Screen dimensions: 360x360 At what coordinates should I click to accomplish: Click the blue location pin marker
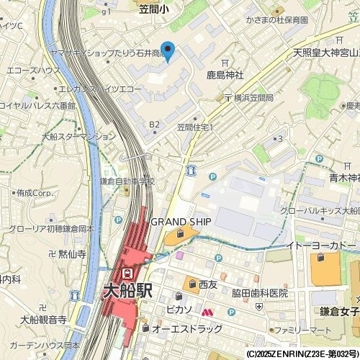[x=168, y=50]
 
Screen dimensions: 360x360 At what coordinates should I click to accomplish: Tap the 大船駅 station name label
[x=127, y=292]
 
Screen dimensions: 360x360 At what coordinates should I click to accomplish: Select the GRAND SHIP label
[x=180, y=221]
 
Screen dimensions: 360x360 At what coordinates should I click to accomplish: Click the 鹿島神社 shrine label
[x=225, y=74]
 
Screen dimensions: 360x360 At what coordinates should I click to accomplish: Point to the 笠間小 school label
[x=154, y=8]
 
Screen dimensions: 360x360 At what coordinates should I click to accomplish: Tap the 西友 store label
[x=208, y=284]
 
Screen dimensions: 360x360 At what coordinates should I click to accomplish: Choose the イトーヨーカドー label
[x=321, y=246]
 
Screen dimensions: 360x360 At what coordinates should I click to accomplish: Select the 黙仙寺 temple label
[x=72, y=254]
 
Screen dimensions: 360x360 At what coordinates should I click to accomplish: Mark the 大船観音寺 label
[x=43, y=319]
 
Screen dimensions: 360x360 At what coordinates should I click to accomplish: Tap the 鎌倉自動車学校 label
[x=127, y=181]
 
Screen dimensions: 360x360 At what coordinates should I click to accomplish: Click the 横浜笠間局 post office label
[x=248, y=97]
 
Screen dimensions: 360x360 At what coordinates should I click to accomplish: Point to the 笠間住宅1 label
[x=195, y=127]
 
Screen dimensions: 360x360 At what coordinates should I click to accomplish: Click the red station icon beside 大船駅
[x=127, y=274]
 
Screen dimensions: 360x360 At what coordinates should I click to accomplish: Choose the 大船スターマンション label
[x=78, y=135]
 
